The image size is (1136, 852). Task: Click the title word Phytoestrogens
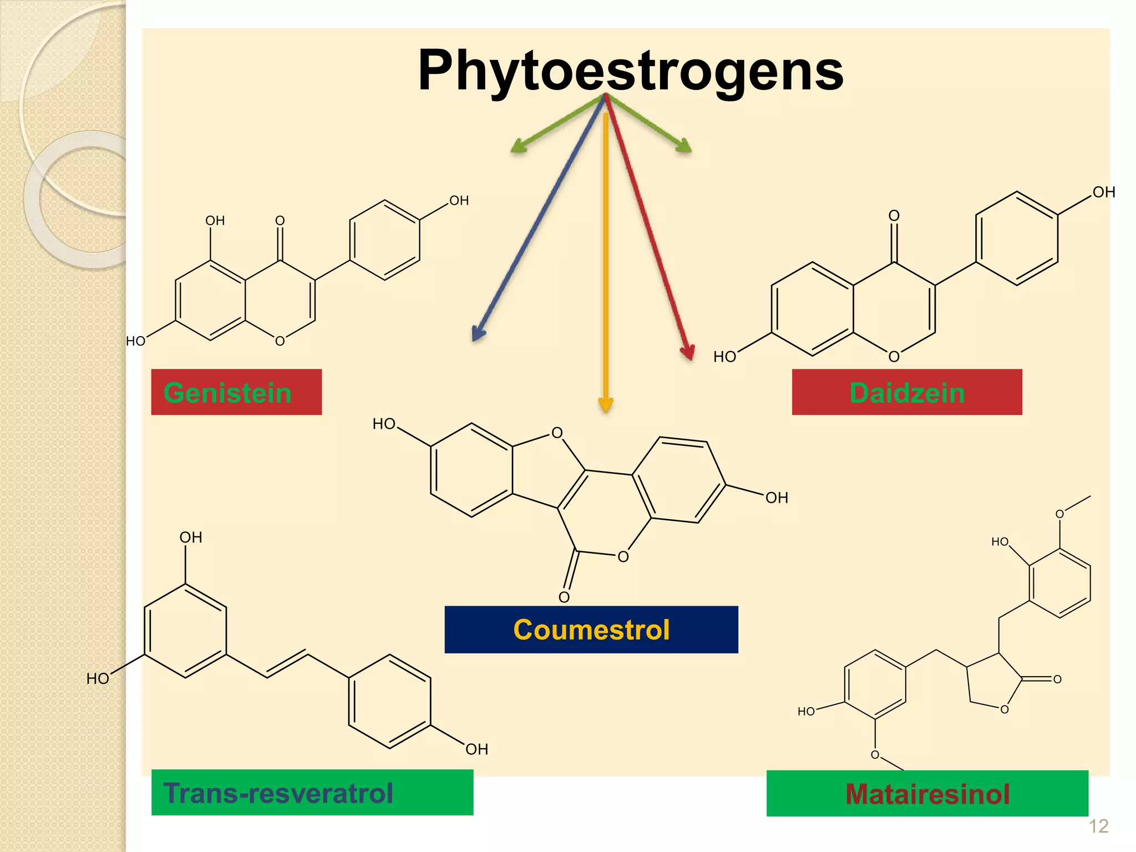[630, 70]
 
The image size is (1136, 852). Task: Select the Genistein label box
[236, 392]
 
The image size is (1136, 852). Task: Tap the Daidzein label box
[906, 392]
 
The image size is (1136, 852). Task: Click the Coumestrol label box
[591, 630]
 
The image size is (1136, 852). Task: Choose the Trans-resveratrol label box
[312, 792]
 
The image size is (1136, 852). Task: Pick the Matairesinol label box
[927, 793]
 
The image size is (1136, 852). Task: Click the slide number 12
[1098, 826]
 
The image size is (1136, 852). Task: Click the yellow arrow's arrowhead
[606, 405]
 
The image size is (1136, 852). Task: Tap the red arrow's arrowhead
[688, 353]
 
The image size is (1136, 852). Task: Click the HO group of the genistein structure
[135, 341]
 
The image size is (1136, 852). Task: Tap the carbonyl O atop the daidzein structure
[894, 215]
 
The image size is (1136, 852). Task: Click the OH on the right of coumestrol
[777, 498]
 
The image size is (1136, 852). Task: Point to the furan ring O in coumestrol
[557, 433]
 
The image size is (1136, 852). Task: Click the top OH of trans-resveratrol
[190, 537]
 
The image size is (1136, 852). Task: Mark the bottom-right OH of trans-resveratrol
[476, 749]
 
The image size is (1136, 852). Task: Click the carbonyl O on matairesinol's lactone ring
[1057, 679]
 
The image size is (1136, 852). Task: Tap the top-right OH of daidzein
[1103, 192]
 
